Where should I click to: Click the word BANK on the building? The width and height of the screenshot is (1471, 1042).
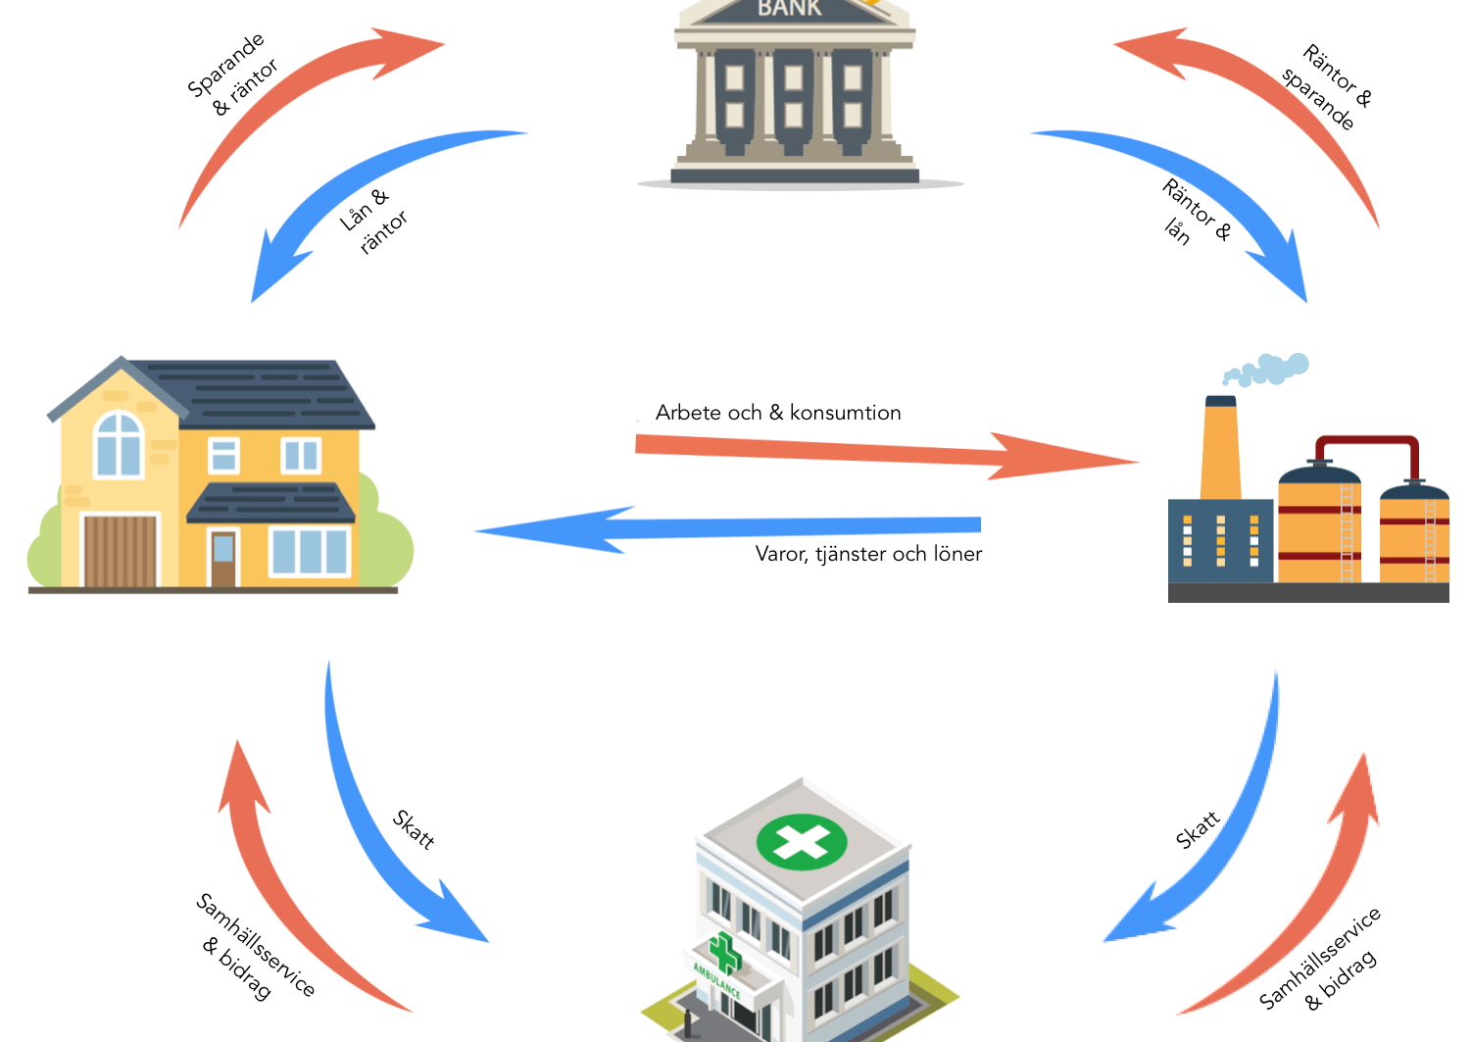789,8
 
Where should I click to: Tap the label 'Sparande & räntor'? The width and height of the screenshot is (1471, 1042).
232,74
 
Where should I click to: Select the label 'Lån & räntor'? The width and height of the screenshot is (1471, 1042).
373,221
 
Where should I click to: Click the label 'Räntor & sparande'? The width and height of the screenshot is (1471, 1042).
1327,86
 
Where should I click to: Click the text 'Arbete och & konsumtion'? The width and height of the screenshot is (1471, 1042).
778,413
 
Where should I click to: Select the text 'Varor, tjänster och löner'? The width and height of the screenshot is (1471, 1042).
869,554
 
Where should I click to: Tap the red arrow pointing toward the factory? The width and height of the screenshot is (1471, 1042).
887,453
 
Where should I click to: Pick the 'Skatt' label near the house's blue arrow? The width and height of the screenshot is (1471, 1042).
414,830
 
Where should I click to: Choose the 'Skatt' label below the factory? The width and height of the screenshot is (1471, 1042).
1198,830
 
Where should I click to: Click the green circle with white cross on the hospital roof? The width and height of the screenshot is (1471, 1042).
802,842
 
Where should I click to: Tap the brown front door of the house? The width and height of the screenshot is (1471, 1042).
223,559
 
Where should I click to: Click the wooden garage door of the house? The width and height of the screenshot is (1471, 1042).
121,551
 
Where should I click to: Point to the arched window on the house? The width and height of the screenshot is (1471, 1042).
119,444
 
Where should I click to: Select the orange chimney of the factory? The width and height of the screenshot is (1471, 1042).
1221,448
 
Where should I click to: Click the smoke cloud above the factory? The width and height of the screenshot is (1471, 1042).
1265,370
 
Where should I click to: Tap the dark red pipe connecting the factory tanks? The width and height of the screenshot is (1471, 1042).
1367,450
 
